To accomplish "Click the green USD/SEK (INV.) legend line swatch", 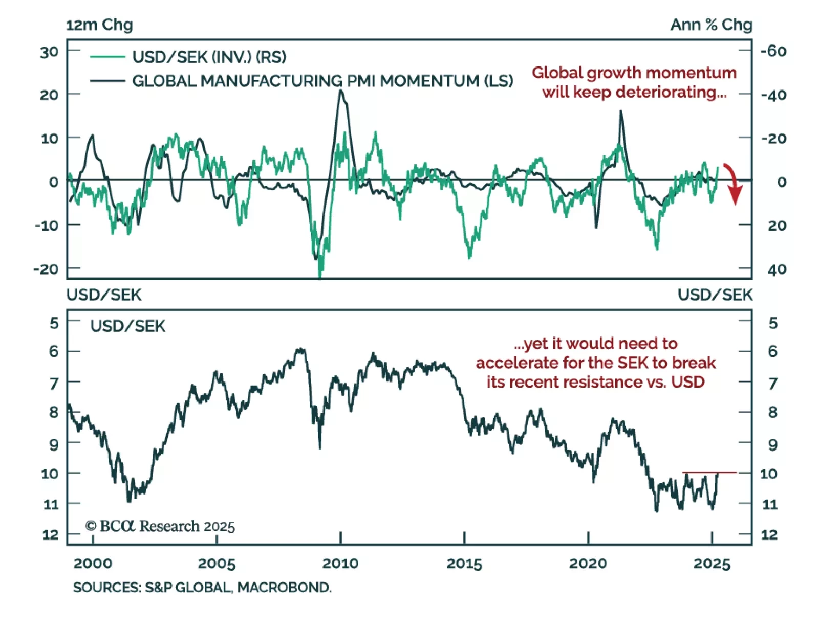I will coord(107,57).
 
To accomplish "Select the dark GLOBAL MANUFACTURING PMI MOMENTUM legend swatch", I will coord(107,81).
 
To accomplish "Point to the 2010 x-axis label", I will coord(340,564).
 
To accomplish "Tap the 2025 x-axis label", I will coord(712,564).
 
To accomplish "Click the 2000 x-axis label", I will coord(93,564).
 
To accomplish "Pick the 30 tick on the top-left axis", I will coord(50,52).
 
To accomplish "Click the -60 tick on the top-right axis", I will coord(773,51).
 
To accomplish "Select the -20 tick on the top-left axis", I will coord(46,269).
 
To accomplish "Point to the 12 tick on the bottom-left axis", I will coord(50,535).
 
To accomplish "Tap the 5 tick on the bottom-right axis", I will coord(773,323).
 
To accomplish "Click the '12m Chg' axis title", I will coord(99,25).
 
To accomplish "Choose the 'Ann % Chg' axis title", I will coord(711,25).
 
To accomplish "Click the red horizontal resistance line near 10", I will coord(709,473).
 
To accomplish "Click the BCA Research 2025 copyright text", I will coord(160,526).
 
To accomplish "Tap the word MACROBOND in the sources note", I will coord(284,588).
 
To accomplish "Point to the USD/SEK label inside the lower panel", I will coord(128,326).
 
